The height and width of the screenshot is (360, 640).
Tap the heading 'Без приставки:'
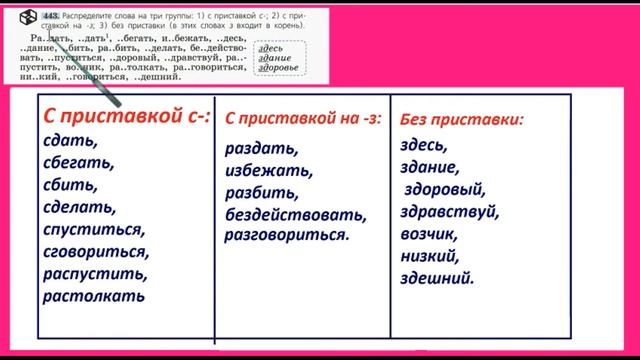(x=461, y=119)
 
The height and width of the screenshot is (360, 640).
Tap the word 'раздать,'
(x=261, y=149)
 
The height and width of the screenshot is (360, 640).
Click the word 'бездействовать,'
(x=297, y=214)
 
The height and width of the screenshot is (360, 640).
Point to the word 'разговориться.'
(x=286, y=236)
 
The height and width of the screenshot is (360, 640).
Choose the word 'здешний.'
(x=437, y=278)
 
